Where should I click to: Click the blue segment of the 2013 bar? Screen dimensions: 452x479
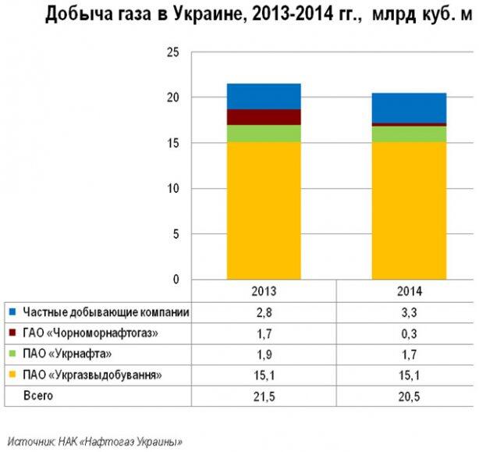coord(264,96)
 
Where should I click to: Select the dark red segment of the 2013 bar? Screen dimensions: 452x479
coord(264,117)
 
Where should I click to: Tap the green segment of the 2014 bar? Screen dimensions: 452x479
coord(409,133)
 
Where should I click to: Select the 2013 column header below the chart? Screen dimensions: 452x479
coord(264,291)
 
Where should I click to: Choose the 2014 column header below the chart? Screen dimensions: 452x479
coord(409,291)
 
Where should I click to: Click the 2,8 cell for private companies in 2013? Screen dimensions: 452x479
coord(264,313)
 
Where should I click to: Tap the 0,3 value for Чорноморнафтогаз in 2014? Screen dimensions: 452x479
coord(409,334)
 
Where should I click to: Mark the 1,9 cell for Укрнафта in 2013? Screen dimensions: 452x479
coord(264,354)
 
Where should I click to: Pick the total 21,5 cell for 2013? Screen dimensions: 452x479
coord(264,397)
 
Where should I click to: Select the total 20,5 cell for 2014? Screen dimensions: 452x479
coord(409,397)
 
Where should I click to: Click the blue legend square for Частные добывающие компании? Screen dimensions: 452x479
coord(12,313)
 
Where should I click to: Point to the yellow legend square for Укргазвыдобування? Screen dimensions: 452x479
coord(12,375)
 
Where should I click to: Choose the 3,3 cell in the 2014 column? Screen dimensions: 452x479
coord(409,313)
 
